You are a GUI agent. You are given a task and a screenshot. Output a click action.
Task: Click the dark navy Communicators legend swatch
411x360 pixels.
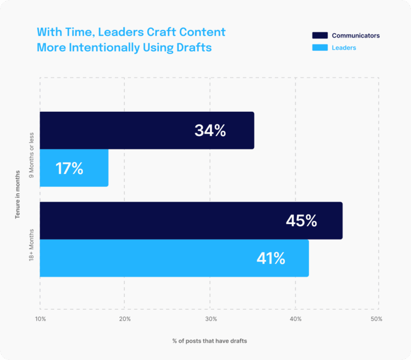(x=319, y=35)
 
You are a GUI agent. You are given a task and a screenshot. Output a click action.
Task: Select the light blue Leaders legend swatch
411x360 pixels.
(x=319, y=48)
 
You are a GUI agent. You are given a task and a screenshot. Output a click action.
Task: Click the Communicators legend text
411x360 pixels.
(x=355, y=35)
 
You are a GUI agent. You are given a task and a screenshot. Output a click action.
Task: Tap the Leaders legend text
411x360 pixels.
(x=344, y=48)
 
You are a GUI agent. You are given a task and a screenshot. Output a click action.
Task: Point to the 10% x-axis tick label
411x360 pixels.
(x=41, y=319)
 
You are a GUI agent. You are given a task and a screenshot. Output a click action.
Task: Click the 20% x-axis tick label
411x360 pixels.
(x=124, y=319)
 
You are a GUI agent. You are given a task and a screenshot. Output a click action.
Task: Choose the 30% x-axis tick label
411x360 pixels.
(x=211, y=319)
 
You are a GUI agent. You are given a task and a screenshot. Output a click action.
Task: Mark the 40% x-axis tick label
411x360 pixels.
(x=295, y=319)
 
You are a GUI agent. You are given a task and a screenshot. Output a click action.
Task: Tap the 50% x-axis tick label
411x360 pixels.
(x=376, y=319)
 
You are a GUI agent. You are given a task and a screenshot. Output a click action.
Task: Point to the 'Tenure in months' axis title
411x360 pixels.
(x=18, y=195)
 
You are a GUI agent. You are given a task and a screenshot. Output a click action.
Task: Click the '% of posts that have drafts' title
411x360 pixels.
(x=210, y=341)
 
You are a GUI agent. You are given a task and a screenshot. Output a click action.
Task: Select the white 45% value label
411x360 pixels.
(x=301, y=220)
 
